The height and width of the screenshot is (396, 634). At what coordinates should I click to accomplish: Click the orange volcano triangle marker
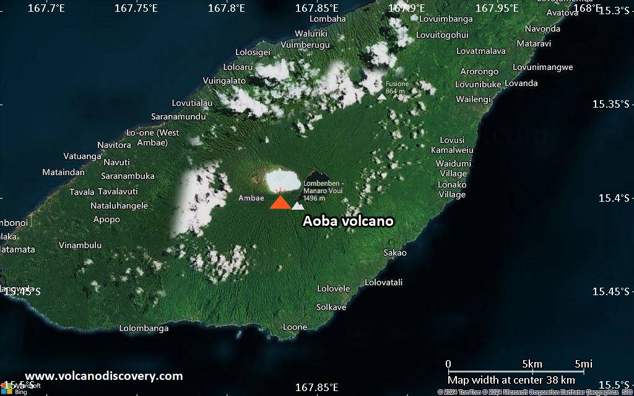[280, 202]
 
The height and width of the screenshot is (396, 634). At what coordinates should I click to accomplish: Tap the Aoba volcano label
[348, 221]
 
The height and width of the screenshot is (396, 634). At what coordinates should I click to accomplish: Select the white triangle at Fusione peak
[382, 97]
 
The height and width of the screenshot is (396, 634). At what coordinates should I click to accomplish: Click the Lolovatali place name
[383, 282]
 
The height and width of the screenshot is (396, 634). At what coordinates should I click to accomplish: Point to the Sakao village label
[395, 252]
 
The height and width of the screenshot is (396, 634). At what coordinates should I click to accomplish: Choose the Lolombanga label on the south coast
[144, 328]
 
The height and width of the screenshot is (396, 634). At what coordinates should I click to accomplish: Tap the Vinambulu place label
[80, 245]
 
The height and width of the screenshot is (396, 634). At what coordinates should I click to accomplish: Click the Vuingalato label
[224, 80]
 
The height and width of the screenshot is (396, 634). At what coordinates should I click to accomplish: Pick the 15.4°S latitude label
[614, 198]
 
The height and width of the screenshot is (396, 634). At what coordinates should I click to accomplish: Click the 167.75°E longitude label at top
[136, 8]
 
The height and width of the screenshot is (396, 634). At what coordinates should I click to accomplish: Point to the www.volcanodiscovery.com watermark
[103, 376]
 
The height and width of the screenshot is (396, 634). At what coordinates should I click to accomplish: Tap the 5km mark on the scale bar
[532, 363]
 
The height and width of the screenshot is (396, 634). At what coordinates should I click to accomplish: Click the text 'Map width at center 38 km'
[511, 380]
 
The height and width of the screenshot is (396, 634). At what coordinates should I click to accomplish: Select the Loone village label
[295, 327]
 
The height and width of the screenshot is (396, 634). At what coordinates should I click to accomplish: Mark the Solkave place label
[331, 307]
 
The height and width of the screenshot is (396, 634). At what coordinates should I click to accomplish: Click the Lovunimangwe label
[543, 67]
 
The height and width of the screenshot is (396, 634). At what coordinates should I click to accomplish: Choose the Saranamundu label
[178, 116]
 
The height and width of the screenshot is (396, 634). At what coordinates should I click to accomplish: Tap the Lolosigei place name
[253, 52]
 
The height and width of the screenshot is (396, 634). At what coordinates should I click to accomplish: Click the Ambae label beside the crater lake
[251, 198]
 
